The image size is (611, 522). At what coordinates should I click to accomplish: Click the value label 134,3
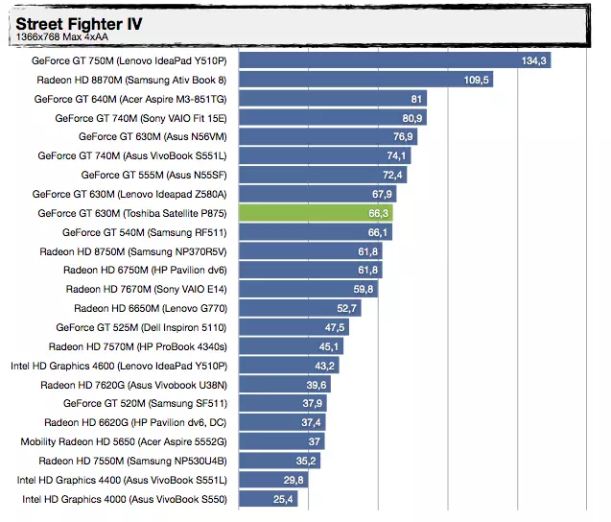coord(534,60)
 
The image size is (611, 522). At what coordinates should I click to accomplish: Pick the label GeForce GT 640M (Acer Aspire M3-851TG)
coord(130,99)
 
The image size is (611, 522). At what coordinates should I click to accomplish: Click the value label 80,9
coord(412,118)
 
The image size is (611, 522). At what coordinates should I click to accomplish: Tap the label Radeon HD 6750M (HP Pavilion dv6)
coord(145,271)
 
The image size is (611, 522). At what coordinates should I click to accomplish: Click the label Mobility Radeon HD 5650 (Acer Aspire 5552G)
coord(124,441)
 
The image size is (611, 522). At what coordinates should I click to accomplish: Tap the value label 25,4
coord(283,499)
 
